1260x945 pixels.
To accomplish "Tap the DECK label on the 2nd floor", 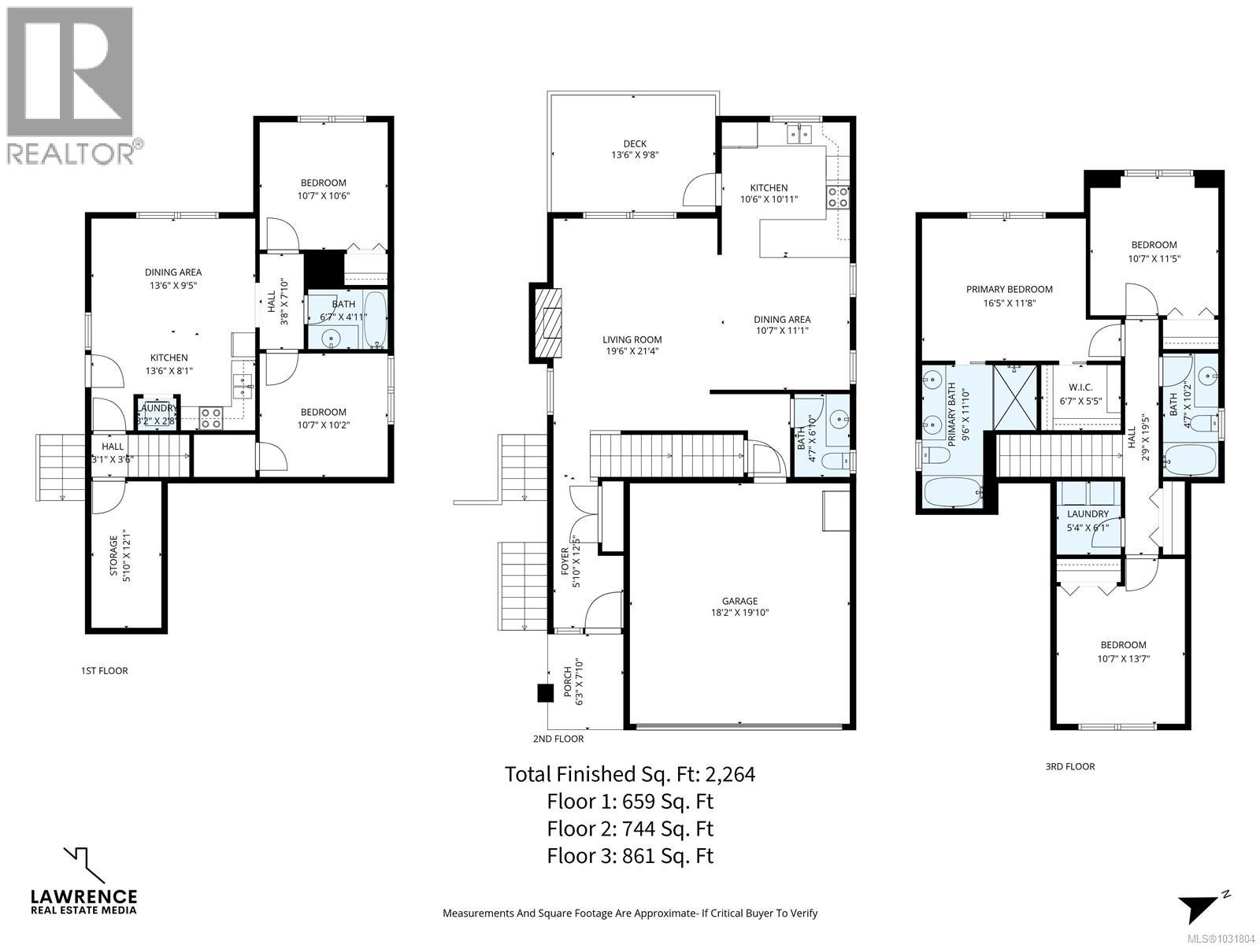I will [x=635, y=143].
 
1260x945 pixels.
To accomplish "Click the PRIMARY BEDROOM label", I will [x=1009, y=289].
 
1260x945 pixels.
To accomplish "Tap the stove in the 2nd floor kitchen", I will [x=838, y=196].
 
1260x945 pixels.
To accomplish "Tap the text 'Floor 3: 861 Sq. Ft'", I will [x=630, y=855].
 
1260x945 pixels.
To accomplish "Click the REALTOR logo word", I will [x=71, y=153].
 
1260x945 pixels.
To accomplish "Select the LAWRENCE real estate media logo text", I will [x=83, y=897].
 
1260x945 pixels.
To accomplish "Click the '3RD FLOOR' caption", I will [x=1070, y=766].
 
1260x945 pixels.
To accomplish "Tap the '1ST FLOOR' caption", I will [x=104, y=671].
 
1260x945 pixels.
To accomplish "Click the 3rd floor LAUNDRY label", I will [x=1088, y=513].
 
